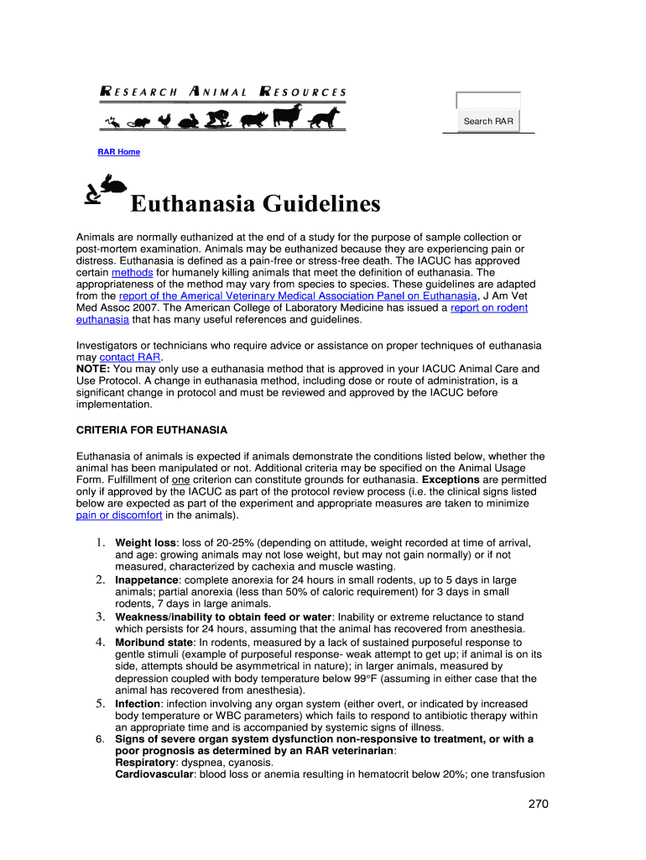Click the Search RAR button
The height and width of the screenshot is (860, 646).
coord(488,122)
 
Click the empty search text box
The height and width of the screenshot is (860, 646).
coord(488,101)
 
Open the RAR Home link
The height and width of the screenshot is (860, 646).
coord(118,152)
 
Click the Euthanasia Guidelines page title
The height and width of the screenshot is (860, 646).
coord(255,204)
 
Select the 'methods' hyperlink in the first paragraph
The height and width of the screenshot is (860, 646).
coord(131,273)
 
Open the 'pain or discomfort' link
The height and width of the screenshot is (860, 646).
coord(119,515)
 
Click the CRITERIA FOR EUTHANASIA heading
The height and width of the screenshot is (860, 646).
coord(152,430)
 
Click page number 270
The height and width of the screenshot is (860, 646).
coord(538,804)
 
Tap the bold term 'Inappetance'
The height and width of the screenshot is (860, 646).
coord(146,580)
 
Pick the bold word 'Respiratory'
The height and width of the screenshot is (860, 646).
coord(145,763)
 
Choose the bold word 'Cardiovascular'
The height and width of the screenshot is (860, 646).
coord(154,775)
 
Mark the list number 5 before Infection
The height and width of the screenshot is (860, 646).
coord(98,704)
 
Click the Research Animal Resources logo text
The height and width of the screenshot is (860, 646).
coord(223,92)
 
